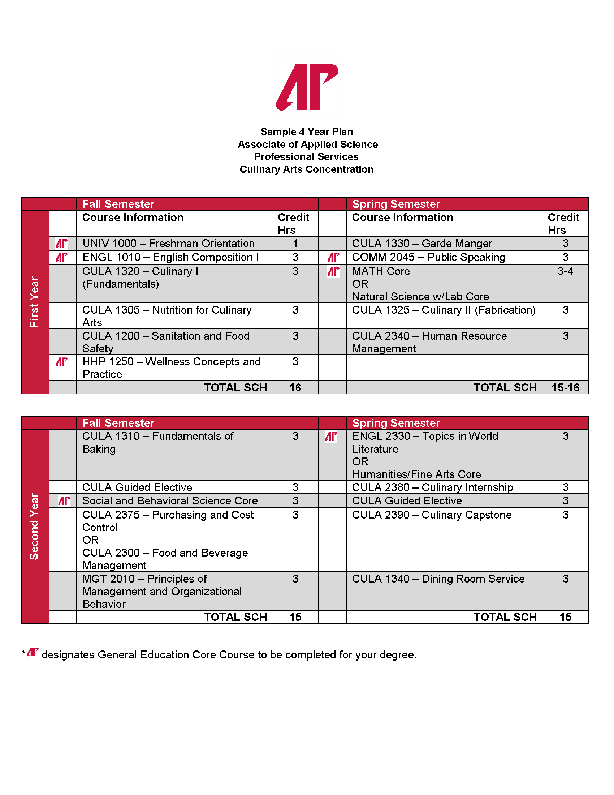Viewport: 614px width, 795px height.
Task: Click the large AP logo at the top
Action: (x=307, y=87)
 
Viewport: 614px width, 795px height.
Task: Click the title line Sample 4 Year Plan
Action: (x=307, y=132)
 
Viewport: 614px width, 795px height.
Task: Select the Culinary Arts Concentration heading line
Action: (x=307, y=169)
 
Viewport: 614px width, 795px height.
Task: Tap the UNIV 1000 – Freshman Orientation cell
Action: (x=168, y=244)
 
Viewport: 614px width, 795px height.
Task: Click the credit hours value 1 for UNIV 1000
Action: (x=295, y=244)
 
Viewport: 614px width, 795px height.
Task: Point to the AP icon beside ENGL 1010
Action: (x=61, y=258)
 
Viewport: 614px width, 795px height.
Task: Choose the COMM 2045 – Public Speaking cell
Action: (x=428, y=258)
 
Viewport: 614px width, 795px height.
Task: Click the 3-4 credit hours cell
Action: (x=565, y=271)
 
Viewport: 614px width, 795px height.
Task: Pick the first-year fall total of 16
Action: (x=295, y=388)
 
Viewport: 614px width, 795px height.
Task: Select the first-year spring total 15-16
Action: (x=565, y=388)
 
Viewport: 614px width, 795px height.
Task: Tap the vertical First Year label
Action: (x=34, y=302)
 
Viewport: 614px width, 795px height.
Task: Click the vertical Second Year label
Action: (x=34, y=527)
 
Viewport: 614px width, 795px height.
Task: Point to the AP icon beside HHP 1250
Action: (x=61, y=362)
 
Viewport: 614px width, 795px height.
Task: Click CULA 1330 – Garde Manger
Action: (x=422, y=244)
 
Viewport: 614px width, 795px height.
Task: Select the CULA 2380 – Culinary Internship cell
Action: (x=432, y=487)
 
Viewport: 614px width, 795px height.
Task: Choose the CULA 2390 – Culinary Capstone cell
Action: (x=432, y=515)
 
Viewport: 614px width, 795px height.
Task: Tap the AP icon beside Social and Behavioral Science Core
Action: (x=64, y=501)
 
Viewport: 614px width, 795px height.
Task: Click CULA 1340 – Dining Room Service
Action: (x=438, y=579)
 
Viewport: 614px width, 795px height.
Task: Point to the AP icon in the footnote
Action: (x=33, y=652)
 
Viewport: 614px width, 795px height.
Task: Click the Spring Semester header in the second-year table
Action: (x=396, y=423)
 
